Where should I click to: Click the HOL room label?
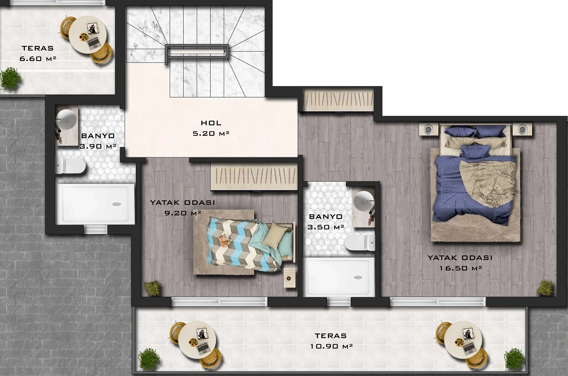[211, 123]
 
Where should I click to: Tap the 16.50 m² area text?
[461, 268]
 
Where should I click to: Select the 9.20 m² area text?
[183, 213]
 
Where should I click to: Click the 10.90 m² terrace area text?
[331, 346]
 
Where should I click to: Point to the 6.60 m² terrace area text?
[38, 59]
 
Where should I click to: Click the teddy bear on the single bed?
[225, 240]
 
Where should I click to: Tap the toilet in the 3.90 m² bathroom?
[71, 166]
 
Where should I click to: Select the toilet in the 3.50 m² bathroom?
[360, 243]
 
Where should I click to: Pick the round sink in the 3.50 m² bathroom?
[364, 201]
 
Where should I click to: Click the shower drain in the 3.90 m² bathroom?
[116, 204]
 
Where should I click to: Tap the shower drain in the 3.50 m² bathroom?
[358, 278]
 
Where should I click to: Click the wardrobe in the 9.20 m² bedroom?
[254, 176]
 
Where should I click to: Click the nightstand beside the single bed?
[289, 278]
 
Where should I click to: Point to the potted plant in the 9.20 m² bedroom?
[152, 288]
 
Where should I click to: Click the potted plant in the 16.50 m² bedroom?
[545, 288]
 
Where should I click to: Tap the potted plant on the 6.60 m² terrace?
[10, 79]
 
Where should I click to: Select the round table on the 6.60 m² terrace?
[88, 35]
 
